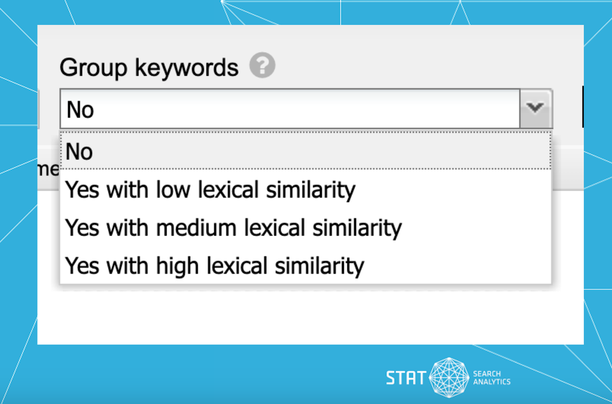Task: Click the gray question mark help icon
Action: (x=262, y=65)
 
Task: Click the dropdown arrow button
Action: (x=536, y=108)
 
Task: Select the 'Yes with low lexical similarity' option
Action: (x=210, y=190)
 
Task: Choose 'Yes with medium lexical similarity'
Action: (x=234, y=228)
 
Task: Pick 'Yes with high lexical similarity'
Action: (x=215, y=266)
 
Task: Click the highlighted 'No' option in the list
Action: (x=79, y=151)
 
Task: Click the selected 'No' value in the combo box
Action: (x=80, y=110)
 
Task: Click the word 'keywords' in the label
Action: (x=187, y=67)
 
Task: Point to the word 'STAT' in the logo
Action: (x=406, y=378)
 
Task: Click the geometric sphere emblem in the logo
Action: (x=449, y=377)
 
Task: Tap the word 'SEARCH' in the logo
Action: (x=487, y=374)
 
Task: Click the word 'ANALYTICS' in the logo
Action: (x=492, y=382)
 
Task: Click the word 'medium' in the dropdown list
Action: (x=196, y=228)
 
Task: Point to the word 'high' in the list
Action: (x=177, y=266)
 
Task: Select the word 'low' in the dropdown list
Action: (x=173, y=189)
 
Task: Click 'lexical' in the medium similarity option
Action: (x=274, y=228)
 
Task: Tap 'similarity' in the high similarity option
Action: (x=319, y=266)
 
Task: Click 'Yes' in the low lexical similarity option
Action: (x=82, y=189)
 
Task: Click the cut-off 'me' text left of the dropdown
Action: (x=48, y=169)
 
